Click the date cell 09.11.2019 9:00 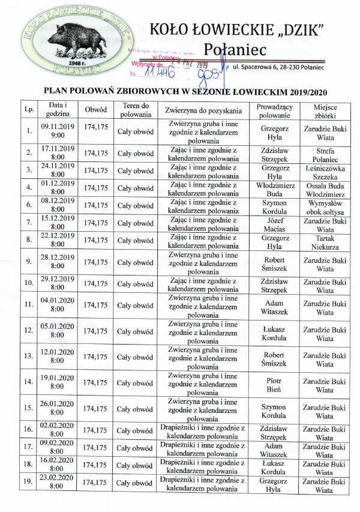click(58, 131)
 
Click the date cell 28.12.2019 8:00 click(58, 262)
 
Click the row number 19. click(28, 483)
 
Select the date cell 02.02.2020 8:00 click(58, 430)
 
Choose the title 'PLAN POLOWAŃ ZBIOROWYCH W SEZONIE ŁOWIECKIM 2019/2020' click(186, 91)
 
